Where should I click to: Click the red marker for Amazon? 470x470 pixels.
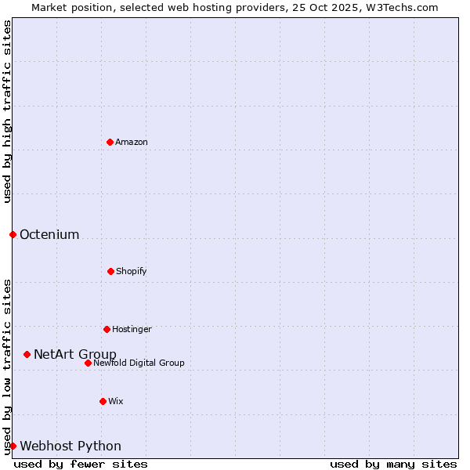110,142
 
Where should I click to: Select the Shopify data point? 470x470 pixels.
110,271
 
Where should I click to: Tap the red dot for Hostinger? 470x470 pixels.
107,329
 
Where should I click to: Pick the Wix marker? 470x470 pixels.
103,401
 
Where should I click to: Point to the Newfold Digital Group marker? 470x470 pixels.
88,363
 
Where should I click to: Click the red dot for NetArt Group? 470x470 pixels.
27,354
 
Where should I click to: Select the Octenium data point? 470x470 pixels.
13,234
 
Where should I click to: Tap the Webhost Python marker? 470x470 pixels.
13,446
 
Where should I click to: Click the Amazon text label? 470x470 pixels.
132,142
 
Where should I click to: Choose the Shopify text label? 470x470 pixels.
132,271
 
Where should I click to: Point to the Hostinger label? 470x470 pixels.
132,329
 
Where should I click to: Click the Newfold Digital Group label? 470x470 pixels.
139,363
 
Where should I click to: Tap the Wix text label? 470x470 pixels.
116,401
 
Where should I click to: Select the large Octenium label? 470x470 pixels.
49,234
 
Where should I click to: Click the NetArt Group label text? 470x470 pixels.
75,354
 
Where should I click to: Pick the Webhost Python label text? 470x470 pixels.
70,446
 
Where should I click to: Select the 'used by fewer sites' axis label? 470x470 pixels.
81,464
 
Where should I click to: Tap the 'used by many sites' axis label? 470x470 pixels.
393,464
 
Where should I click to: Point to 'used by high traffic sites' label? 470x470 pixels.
7,111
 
